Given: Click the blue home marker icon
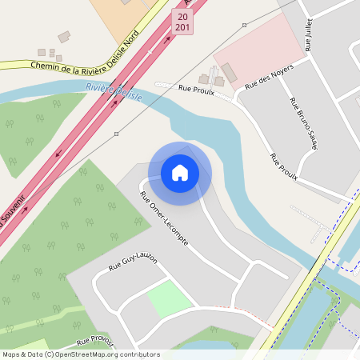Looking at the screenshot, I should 180,173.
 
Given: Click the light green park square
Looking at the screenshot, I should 170,298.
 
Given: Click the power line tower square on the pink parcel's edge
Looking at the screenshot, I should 245,26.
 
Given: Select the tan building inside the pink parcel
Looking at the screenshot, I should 229,73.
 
